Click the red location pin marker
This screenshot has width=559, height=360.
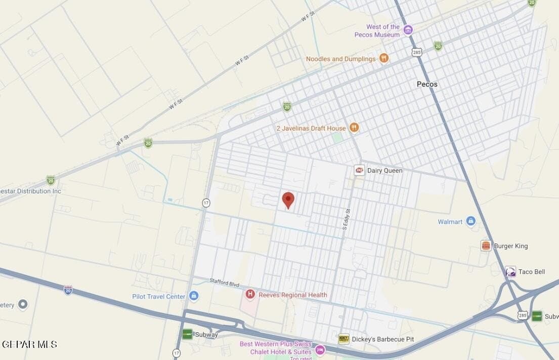(288, 199)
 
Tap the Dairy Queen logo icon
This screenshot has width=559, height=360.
(359, 170)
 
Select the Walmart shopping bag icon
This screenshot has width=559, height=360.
(470, 221)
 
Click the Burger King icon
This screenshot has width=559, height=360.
(486, 246)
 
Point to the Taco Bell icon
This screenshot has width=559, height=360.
(510, 272)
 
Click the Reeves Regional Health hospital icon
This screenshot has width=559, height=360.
(250, 294)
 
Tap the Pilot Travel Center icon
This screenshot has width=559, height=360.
(193, 296)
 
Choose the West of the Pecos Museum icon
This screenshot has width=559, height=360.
(408, 30)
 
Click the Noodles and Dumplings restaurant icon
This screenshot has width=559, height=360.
(384, 59)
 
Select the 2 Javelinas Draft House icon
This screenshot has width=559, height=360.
(354, 128)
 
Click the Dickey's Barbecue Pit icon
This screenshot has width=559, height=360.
(343, 339)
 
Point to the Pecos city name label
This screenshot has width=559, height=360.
(427, 84)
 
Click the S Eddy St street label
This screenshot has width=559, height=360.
(347, 220)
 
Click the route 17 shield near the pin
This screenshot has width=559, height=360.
(206, 203)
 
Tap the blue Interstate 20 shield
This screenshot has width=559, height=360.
(68, 290)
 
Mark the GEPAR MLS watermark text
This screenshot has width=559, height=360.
(29, 344)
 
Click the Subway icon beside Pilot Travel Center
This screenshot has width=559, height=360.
(188, 334)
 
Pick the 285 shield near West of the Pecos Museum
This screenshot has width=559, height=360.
(416, 52)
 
